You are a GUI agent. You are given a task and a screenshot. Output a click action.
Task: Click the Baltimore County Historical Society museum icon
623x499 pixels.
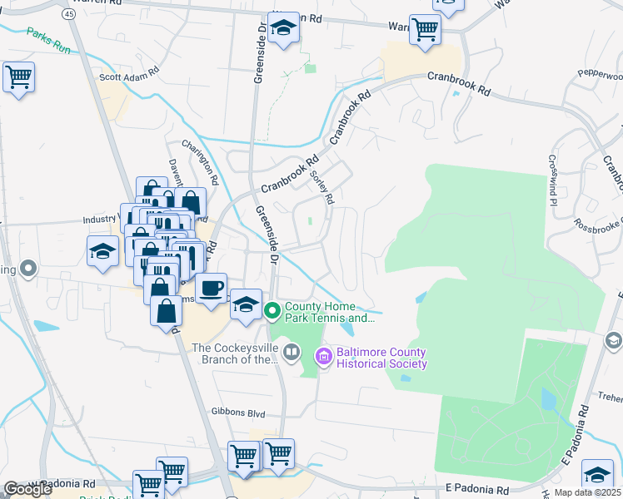pos(323,356)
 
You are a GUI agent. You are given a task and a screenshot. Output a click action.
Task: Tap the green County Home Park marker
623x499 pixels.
pos(272,311)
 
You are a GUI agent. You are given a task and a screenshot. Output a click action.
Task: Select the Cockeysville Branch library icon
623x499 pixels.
pos(292,352)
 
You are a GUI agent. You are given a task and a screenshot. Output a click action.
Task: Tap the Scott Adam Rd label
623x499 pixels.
pos(128,76)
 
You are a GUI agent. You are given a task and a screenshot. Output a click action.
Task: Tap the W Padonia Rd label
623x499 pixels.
pos(62,483)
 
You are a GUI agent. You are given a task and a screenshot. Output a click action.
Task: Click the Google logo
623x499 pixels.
pos(27,489)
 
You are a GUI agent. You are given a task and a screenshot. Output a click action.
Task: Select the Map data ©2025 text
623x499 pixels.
pos(588,493)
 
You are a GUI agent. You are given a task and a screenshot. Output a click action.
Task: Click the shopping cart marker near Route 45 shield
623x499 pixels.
pos(18,77)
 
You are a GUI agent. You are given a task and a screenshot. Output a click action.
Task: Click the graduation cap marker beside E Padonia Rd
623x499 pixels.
pos(596,474)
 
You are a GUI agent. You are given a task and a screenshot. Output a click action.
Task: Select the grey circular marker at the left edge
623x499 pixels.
pos(28,269)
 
